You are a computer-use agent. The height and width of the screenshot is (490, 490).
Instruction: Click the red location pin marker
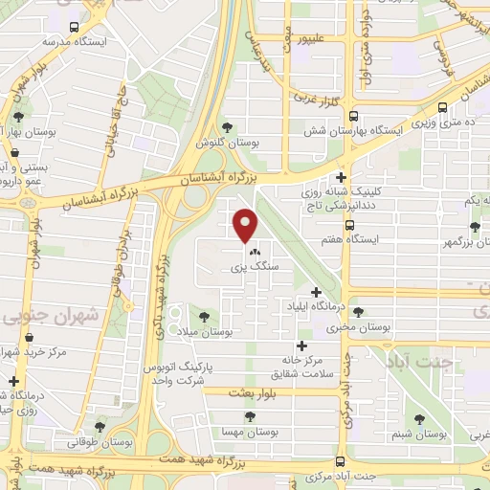tap(246, 225)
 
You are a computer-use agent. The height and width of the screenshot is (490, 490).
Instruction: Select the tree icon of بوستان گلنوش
tap(226, 126)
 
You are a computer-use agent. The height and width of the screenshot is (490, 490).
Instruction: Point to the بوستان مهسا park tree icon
tap(250, 416)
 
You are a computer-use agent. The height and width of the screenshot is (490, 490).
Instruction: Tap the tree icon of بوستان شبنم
tap(419, 418)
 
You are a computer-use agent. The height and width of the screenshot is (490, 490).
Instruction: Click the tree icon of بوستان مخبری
tap(358, 312)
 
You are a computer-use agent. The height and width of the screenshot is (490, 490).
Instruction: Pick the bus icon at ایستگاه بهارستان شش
tap(441, 109)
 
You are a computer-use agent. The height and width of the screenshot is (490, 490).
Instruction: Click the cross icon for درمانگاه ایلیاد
tap(316, 292)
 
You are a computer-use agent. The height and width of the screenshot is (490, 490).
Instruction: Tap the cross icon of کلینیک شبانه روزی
tap(342, 177)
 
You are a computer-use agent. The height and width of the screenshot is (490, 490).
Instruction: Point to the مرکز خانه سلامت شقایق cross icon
tap(302, 345)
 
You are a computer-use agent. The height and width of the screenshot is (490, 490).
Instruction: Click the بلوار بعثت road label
tap(254, 392)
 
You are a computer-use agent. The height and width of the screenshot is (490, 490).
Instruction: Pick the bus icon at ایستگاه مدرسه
tap(77, 29)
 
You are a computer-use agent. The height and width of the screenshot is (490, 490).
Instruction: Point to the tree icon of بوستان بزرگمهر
tap(475, 227)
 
